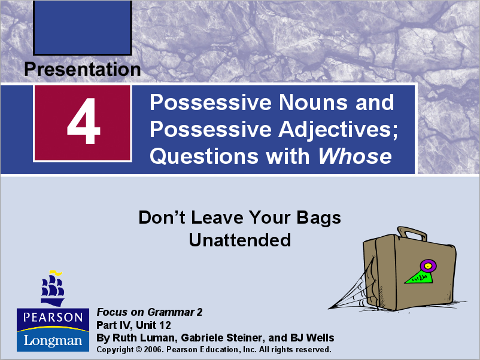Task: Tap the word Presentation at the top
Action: pyautogui.click(x=83, y=69)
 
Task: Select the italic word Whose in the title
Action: pyautogui.click(x=355, y=156)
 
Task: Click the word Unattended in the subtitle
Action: pyautogui.click(x=239, y=240)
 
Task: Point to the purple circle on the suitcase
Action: pyautogui.click(x=427, y=264)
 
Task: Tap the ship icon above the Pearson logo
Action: pyautogui.click(x=53, y=288)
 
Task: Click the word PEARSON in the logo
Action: pyautogui.click(x=53, y=318)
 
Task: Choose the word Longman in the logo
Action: pyautogui.click(x=53, y=340)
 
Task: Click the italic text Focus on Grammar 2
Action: pyautogui.click(x=150, y=312)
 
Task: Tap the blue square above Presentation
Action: pyautogui.click(x=83, y=28)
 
